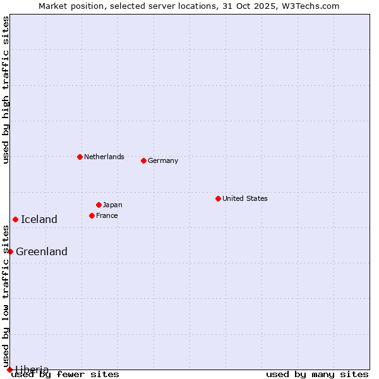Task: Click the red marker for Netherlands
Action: click(80, 157)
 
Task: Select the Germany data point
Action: click(143, 160)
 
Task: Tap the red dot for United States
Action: click(218, 198)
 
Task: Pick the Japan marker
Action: click(99, 205)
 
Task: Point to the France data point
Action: click(92, 215)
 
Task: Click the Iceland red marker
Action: click(15, 219)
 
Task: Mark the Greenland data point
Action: click(10, 251)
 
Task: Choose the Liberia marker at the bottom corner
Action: click(9, 370)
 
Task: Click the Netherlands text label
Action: click(104, 157)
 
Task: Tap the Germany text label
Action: click(163, 160)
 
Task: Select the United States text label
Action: click(245, 198)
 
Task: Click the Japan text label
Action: click(112, 205)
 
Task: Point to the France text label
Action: click(107, 215)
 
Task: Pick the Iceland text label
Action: click(39, 219)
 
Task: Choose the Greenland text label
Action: click(42, 251)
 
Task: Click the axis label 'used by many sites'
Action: click(317, 374)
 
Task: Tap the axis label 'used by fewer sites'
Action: click(66, 374)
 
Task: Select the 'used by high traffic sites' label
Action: click(6, 90)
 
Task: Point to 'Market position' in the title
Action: click(65, 6)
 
